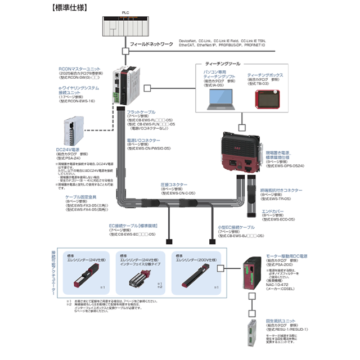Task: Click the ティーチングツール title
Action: click(x=223, y=64)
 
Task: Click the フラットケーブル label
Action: click(x=141, y=112)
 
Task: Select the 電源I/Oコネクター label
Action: click(x=145, y=139)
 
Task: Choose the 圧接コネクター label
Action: click(x=174, y=184)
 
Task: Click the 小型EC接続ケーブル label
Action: click(x=237, y=227)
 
